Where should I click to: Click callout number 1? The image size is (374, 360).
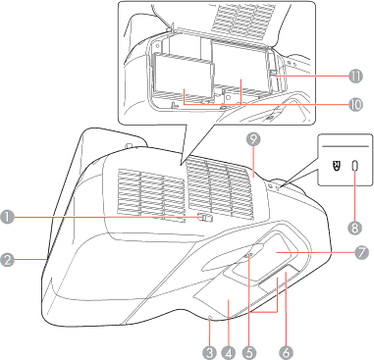click(x=7, y=217)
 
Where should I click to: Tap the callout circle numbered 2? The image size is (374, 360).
click(x=7, y=260)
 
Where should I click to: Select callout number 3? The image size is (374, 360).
click(x=210, y=352)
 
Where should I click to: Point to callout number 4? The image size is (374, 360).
click(x=228, y=352)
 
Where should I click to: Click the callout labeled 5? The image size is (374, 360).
click(x=249, y=352)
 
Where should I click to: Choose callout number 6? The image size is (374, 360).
click(x=286, y=352)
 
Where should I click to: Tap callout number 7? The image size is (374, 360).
click(x=360, y=253)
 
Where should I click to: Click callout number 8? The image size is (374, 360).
click(x=355, y=228)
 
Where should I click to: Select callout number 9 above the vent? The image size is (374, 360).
click(x=253, y=139)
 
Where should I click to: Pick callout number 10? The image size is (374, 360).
click(x=355, y=105)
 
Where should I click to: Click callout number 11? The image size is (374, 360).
click(x=356, y=77)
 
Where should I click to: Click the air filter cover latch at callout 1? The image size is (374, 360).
click(x=205, y=218)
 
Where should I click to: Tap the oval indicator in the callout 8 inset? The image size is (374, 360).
click(x=355, y=167)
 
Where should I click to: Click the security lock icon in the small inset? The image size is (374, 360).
click(x=337, y=167)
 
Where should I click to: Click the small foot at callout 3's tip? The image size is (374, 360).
click(x=209, y=317)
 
